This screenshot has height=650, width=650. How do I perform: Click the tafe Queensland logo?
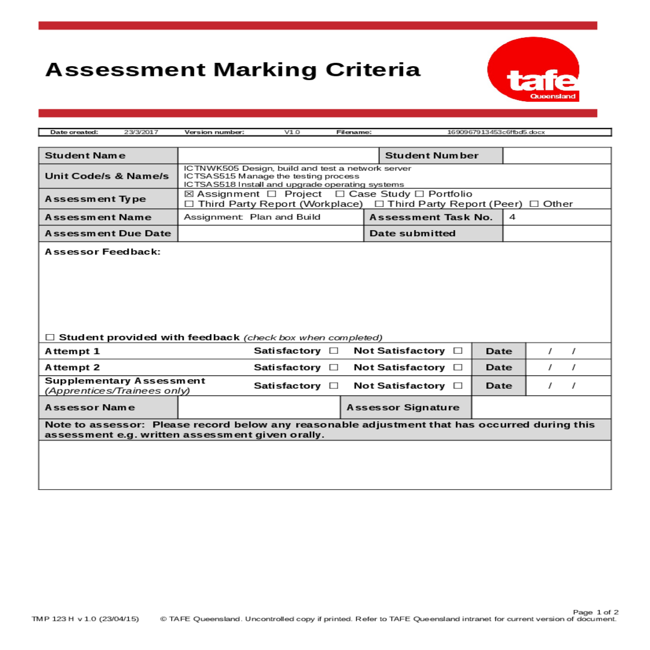click(534, 70)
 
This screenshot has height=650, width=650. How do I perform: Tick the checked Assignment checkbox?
click(188, 194)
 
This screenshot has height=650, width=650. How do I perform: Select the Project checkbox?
click(272, 194)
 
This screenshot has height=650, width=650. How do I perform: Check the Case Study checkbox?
click(340, 194)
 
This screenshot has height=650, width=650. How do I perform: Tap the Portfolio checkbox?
click(419, 194)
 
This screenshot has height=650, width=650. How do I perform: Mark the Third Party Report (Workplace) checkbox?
click(189, 204)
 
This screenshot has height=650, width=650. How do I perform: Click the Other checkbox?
click(534, 204)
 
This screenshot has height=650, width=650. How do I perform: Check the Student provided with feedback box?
click(50, 337)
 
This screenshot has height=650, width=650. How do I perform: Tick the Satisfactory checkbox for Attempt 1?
click(334, 351)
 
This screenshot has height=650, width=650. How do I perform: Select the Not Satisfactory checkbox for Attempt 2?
click(458, 367)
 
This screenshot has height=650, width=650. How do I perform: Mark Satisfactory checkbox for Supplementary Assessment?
click(334, 386)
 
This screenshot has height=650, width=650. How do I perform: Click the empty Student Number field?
click(557, 155)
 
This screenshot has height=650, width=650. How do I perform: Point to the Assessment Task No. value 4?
click(512, 217)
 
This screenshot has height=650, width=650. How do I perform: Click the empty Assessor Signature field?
click(541, 407)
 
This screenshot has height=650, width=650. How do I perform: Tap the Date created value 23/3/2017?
click(141, 132)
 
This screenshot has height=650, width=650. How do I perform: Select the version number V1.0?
click(292, 132)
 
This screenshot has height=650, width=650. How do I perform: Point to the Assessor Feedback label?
click(102, 252)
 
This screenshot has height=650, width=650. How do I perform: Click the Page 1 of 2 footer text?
click(595, 612)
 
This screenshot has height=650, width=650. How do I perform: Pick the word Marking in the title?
click(265, 70)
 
